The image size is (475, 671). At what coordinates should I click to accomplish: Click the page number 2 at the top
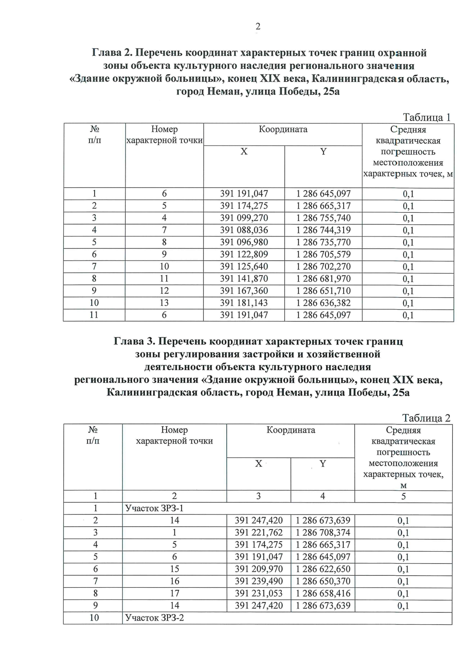tap(258, 26)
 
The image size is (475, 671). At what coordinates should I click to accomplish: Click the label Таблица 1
tap(426, 117)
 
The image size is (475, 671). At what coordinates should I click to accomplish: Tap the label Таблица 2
tap(426, 418)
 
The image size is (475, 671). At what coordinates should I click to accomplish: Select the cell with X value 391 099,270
tap(244, 218)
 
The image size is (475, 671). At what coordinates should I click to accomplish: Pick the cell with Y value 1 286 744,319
tap(323, 230)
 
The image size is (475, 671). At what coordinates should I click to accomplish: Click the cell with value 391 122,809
tap(244, 254)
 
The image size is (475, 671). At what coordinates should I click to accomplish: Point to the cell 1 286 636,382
tap(323, 303)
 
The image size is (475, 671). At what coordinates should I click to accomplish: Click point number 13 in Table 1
tap(164, 303)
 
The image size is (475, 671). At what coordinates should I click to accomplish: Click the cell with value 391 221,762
tap(258, 533)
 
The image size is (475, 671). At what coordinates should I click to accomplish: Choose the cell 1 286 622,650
tap(323, 569)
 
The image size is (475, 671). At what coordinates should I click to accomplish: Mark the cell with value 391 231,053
tap(258, 594)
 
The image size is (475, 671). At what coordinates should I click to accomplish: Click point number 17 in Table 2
tap(174, 594)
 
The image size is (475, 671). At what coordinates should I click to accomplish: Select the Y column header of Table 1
tap(323, 151)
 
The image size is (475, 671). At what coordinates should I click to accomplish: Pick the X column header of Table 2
tap(258, 463)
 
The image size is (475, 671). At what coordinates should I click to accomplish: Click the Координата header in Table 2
tap(291, 430)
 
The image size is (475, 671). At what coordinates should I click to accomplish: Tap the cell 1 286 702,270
tap(323, 267)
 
